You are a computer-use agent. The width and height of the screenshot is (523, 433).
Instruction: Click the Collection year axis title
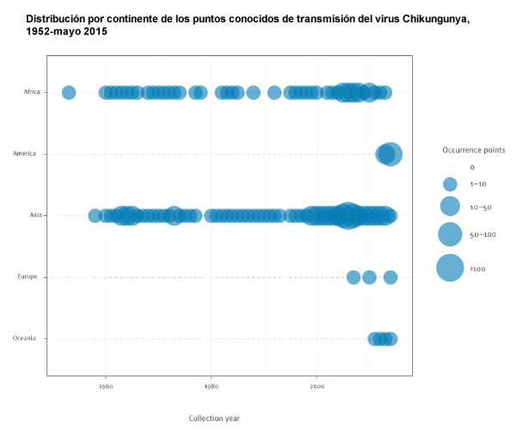tap(214, 418)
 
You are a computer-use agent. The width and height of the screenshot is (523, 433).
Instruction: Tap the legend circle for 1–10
tap(450, 184)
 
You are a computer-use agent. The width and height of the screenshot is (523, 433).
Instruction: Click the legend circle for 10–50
tap(450, 206)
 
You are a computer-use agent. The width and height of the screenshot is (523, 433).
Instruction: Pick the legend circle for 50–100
tap(450, 233)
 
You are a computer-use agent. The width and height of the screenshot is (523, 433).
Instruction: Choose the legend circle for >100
tap(450, 269)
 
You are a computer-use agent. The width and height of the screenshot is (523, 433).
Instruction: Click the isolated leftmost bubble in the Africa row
tap(69, 92)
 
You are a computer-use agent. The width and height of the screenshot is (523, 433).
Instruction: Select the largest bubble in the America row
tap(391, 154)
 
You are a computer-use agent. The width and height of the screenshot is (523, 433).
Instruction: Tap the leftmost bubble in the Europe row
tap(353, 277)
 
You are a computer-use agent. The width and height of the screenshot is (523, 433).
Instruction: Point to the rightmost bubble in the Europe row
tap(391, 277)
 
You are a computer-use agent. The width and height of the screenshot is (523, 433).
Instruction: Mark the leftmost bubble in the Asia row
tap(95, 215)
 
